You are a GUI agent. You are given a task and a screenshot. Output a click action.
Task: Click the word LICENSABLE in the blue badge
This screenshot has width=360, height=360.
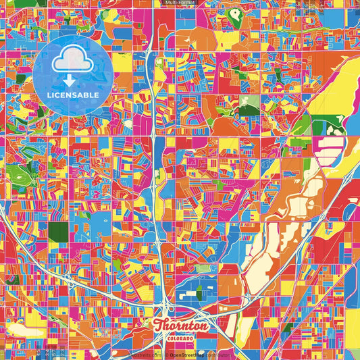pos(73,95)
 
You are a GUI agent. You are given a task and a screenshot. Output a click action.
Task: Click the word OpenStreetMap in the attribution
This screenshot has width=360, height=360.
pos(187,354)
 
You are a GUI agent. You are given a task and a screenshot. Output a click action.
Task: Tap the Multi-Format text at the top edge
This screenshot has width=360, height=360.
pos(179,3)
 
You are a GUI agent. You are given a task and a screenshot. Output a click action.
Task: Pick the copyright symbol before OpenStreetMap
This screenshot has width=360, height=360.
pos(166,354)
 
